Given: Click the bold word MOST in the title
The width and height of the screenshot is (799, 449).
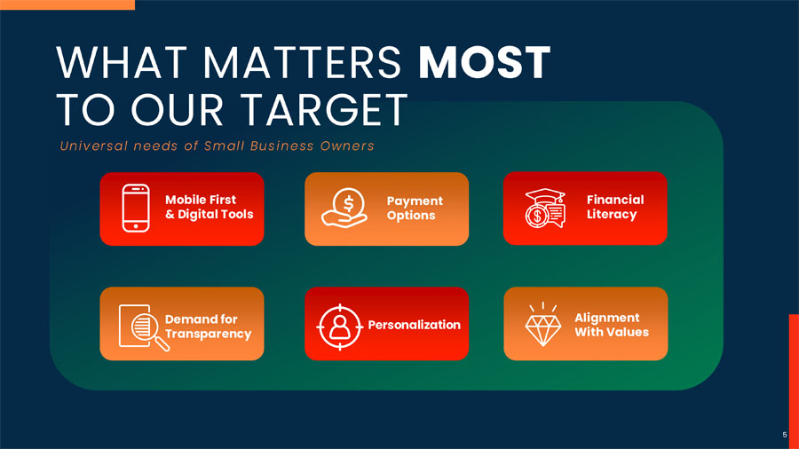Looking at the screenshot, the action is point(484,63).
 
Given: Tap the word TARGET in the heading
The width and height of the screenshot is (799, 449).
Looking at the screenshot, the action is point(324,109).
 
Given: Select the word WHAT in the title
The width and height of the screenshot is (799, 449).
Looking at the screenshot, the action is point(122,63).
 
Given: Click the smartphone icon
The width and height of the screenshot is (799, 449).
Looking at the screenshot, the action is point(136,209).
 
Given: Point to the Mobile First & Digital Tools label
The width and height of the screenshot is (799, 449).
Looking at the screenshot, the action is point(209,207).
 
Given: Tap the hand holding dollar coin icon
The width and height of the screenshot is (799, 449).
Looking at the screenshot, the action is point(344,208).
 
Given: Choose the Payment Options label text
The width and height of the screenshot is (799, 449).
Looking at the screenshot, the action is point(415,209).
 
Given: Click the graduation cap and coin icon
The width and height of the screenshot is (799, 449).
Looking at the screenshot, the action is point(545,209).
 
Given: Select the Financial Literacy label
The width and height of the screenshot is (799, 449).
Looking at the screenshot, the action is point(615,207).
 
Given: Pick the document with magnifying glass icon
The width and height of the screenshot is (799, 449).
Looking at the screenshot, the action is point(144,327).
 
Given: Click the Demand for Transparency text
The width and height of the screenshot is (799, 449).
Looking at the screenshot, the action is point(208,327).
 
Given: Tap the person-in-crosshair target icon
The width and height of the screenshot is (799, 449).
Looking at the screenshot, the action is point(340,327).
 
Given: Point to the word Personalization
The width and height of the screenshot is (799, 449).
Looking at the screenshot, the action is point(414,325).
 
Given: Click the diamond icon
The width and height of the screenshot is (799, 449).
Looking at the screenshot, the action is point(543,324).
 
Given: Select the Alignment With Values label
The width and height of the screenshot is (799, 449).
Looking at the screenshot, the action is point(612,325).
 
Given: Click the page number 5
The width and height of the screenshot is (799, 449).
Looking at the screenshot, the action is point(785,435).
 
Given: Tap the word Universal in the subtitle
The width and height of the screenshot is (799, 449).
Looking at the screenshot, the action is point(94,146).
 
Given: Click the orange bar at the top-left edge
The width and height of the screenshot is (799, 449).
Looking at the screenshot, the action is point(67,4).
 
